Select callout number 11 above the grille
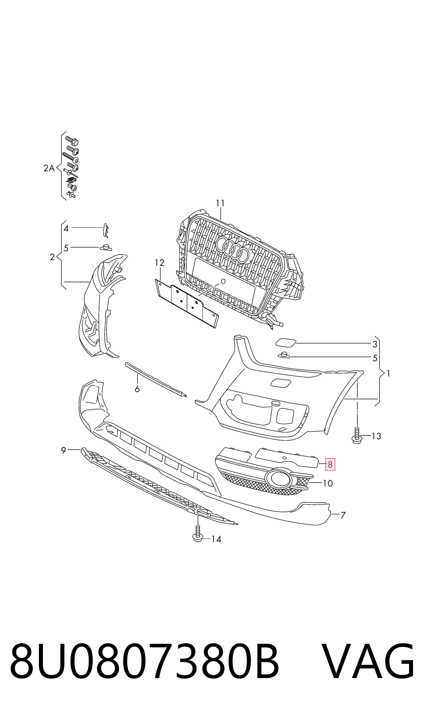point(220,203)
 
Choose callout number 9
point(64,450)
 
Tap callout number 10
point(328,483)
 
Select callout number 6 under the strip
point(137,389)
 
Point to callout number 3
point(375,345)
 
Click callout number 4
point(66,228)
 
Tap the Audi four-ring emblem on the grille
point(233,250)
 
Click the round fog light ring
point(278,479)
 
